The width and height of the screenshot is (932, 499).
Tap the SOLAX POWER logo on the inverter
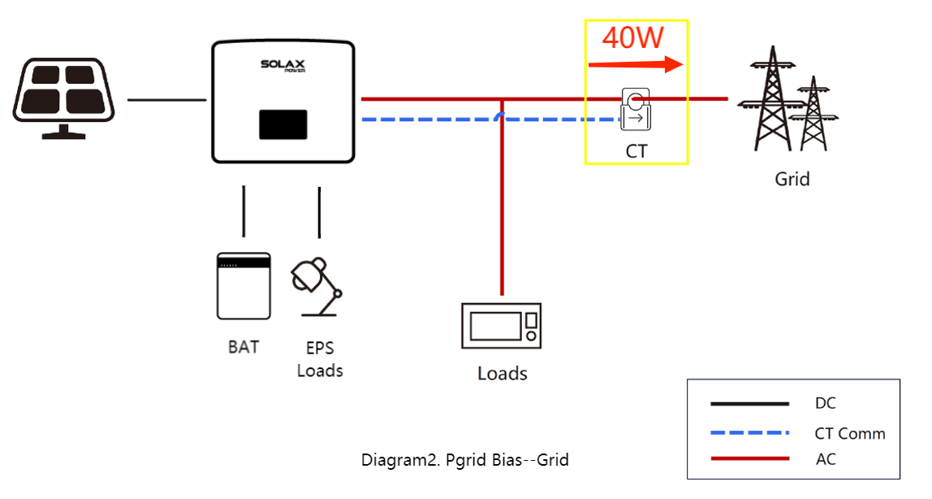[282, 65]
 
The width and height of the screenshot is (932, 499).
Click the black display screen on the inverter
[283, 124]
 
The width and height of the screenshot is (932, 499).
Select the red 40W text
[633, 37]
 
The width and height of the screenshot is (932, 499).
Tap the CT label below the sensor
[636, 151]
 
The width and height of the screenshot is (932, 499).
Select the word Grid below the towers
[792, 179]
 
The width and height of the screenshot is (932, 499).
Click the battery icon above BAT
[244, 285]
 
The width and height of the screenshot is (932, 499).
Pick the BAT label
[244, 347]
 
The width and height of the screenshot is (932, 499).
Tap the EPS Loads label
[320, 359]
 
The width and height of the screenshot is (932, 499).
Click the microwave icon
[502, 326]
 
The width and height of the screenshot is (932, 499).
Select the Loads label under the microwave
[502, 374]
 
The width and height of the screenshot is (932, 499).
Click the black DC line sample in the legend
[749, 403]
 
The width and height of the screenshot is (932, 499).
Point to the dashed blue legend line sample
[749, 432]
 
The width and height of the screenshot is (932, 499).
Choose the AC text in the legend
[825, 459]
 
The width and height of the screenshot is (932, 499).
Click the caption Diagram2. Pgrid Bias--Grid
[465, 460]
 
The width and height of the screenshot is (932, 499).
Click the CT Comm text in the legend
[849, 433]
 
